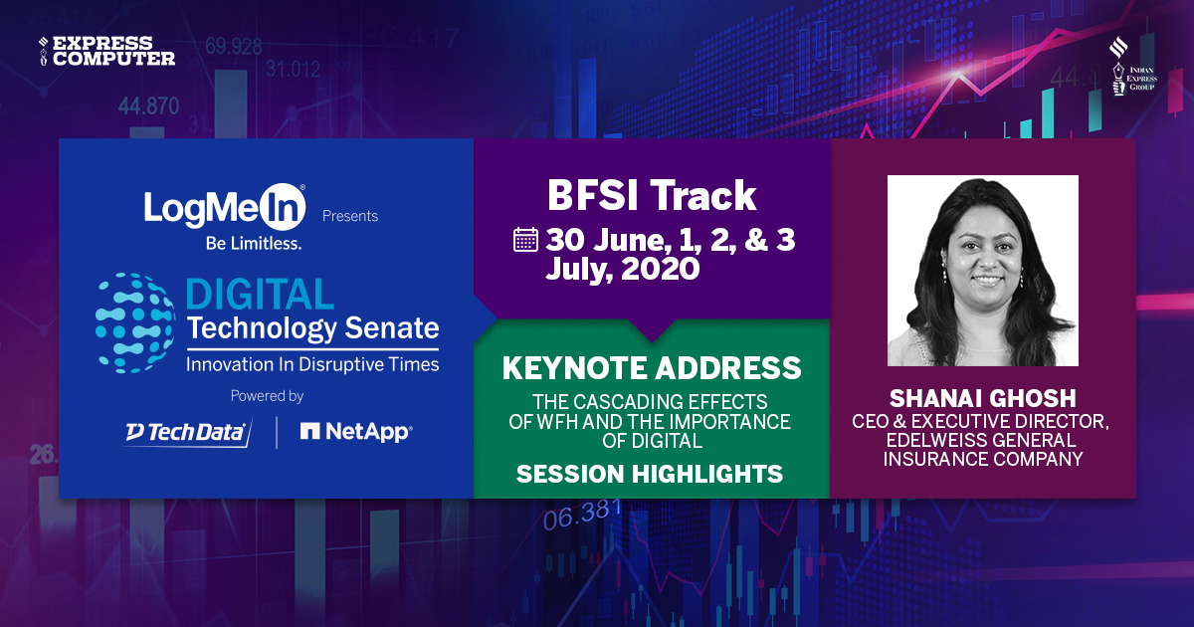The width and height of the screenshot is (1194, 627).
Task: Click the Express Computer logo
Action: coord(106,51)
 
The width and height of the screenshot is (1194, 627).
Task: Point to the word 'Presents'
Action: coord(349,216)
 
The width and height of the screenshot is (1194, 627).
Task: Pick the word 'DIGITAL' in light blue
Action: coord(260,295)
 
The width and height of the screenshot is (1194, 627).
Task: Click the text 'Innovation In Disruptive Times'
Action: coord(311,364)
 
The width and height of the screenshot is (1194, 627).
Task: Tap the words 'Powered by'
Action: coord(267,396)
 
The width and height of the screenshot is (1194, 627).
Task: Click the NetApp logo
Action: coord(356,432)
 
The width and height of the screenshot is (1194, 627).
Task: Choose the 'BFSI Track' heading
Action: coord(652,196)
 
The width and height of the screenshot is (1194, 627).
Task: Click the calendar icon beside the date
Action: coord(525,240)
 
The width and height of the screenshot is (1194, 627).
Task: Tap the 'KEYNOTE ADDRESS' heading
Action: coord(652,368)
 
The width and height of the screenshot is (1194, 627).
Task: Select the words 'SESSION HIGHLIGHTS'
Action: coord(650,475)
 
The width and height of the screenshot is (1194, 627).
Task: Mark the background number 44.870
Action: coord(148,106)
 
